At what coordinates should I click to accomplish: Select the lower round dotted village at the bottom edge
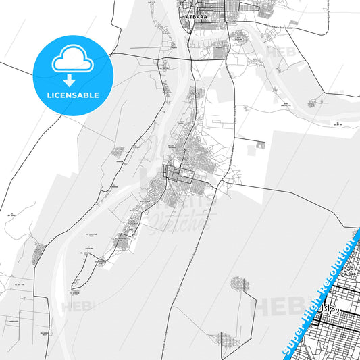[224, 341]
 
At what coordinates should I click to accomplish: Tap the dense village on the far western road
[38, 253]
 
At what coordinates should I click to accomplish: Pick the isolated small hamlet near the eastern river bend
[311, 104]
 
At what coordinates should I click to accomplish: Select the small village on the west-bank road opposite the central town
[119, 152]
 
